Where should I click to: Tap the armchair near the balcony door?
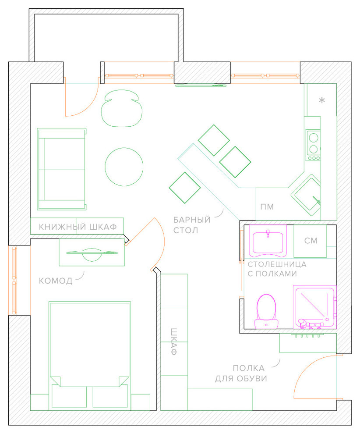(x=121, y=108)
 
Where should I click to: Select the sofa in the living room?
(x=62, y=169)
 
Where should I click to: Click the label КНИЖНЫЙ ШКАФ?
(x=78, y=227)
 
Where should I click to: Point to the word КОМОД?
(x=56, y=281)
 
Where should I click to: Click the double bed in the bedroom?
(x=90, y=356)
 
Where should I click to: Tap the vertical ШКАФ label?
(x=173, y=342)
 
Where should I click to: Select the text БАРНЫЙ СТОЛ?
(x=192, y=225)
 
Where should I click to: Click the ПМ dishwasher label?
(x=267, y=207)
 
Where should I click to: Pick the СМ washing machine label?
(x=311, y=241)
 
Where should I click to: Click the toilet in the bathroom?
(x=266, y=311)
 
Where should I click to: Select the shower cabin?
(x=314, y=307)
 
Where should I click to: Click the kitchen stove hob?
(x=313, y=145)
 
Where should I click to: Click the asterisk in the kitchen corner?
(x=322, y=100)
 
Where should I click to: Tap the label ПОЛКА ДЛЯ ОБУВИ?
(x=241, y=373)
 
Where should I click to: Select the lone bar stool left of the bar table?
(x=185, y=188)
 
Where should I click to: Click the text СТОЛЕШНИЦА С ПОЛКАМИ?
(x=277, y=269)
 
